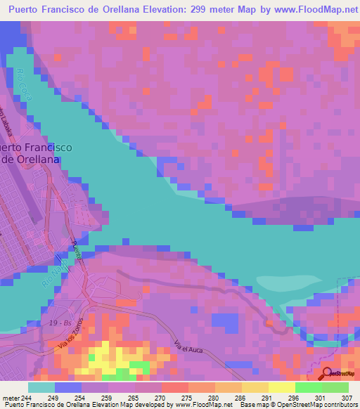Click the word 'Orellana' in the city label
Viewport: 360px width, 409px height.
coord(36,160)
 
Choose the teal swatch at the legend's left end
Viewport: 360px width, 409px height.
coord(41,387)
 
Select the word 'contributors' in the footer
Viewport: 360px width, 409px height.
coord(339,404)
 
